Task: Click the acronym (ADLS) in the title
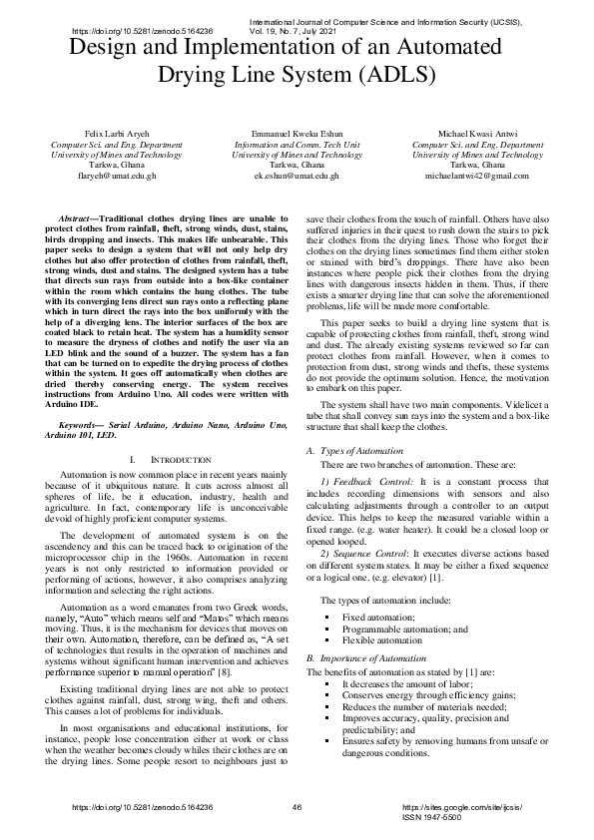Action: point(388,74)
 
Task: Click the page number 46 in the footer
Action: point(297,806)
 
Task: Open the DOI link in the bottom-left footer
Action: point(143,806)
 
